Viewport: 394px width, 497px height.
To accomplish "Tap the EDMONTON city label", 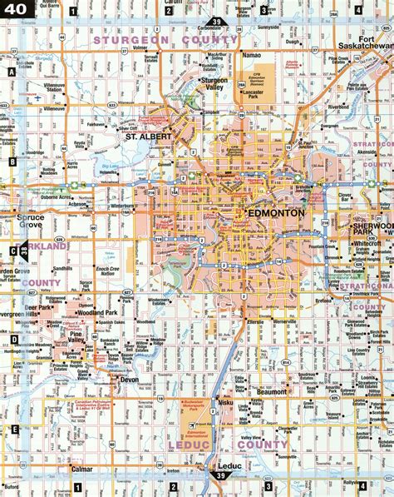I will pos(276,212).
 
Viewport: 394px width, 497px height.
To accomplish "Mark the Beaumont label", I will pos(272,390).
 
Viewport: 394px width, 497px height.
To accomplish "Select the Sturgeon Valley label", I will pos(215,85).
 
